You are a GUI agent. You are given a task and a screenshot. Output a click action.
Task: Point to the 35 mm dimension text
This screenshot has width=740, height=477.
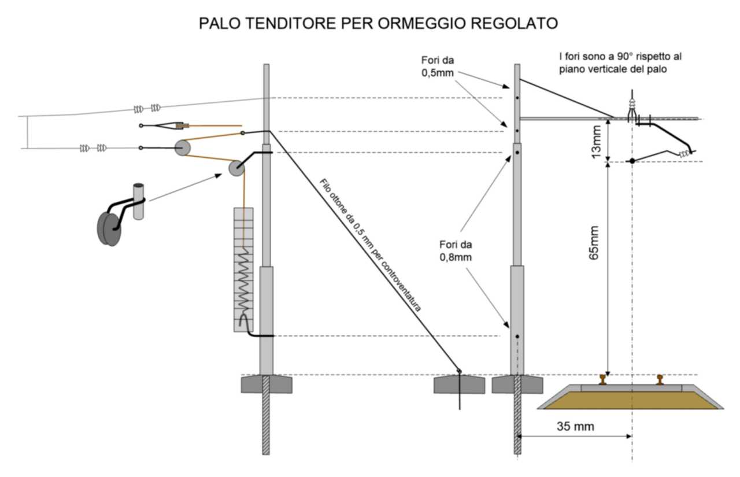coord(575,427)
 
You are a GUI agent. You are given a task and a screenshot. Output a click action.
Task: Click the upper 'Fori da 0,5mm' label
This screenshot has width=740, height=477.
coord(438,66)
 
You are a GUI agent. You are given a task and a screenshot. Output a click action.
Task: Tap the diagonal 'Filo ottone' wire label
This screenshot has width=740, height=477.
coord(370,246)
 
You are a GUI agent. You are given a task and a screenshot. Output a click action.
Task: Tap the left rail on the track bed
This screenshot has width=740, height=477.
coord(603,379)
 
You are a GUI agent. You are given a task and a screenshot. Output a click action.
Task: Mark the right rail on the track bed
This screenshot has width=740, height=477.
coord(659,379)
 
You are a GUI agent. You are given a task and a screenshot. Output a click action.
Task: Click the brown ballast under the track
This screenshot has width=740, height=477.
coord(630,400)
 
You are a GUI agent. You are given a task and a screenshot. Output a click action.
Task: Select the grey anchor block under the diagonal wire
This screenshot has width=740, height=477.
coord(459,384)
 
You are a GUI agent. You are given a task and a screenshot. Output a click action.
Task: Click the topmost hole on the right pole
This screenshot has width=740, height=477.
coord(517,98)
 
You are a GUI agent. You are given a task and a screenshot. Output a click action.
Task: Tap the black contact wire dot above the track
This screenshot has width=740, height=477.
coord(632,161)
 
